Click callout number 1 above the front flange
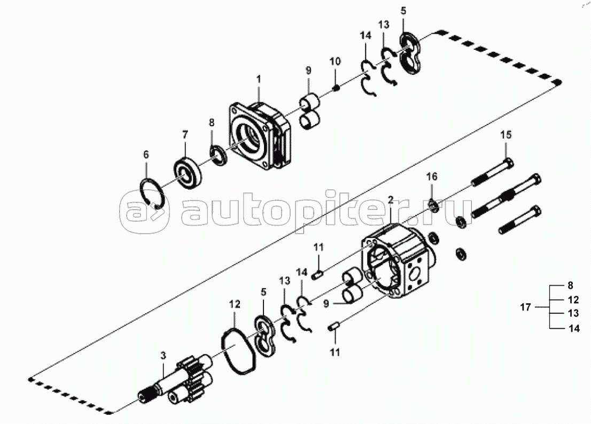[x=259, y=79]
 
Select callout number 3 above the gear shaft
[x=163, y=356]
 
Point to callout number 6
[x=146, y=155]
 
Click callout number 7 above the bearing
[x=185, y=135]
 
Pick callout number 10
[x=335, y=61]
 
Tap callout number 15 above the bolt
[x=506, y=134]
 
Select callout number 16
[x=432, y=176]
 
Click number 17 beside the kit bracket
[x=525, y=307]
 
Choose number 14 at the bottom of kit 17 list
[x=574, y=329]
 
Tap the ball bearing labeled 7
[x=188, y=172]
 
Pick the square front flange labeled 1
[x=260, y=136]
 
